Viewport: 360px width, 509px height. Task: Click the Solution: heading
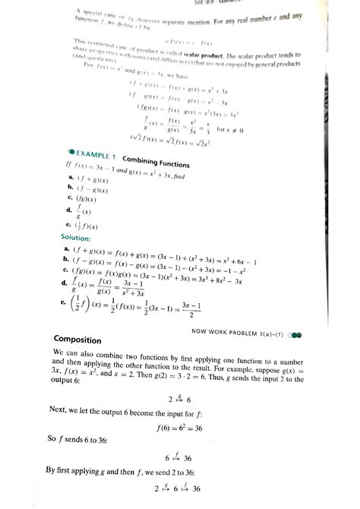click(x=78, y=239)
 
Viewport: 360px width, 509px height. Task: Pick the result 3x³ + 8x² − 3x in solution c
click(x=236, y=280)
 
